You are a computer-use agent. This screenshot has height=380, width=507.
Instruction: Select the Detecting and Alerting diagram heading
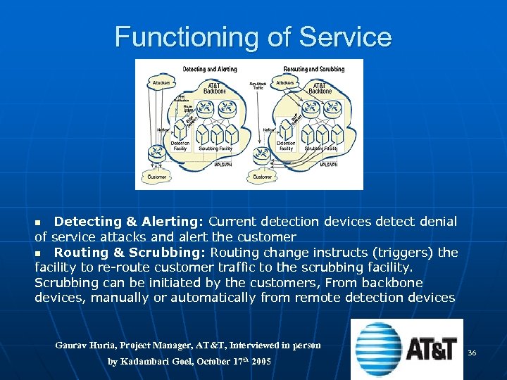click(210, 69)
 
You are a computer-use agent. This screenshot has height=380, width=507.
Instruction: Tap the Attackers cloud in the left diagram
click(161, 83)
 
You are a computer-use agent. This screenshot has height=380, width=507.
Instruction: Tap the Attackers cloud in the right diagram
click(285, 83)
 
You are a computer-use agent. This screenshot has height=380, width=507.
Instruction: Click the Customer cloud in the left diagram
click(157, 177)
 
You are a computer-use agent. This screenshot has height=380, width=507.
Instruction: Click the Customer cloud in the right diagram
click(263, 177)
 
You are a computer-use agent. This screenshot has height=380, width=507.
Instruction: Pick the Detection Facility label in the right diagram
click(286, 146)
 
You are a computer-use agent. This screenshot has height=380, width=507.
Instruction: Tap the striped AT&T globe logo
click(380, 348)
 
